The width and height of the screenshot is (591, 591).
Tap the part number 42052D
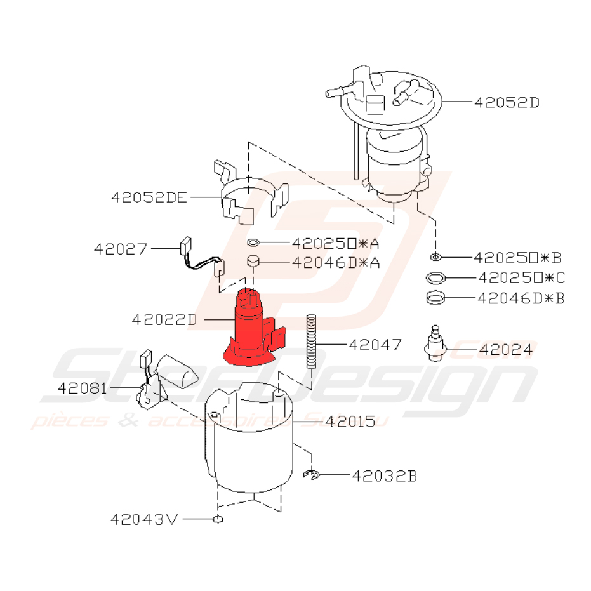coord(506,102)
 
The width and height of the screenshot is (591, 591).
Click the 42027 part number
coord(120,249)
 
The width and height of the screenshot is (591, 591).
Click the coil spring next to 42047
coord(311,341)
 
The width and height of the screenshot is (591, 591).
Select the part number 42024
coord(505,349)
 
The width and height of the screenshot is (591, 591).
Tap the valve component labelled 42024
coord(436,343)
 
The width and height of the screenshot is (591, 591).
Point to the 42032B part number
coord(385,475)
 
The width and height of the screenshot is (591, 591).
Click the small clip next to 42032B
coord(311,474)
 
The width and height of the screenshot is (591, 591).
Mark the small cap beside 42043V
coord(218,520)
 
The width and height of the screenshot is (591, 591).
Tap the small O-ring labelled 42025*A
coord(253,242)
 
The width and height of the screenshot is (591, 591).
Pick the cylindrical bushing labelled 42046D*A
coord(254,262)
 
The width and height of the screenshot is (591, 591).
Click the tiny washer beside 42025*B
coord(435,257)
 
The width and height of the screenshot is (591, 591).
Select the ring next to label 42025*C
coord(435,277)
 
